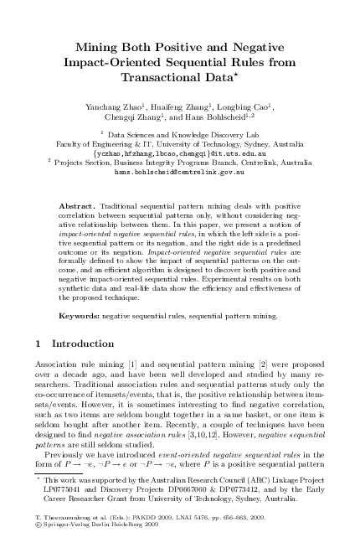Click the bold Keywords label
(81, 318)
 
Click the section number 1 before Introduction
(42, 344)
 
